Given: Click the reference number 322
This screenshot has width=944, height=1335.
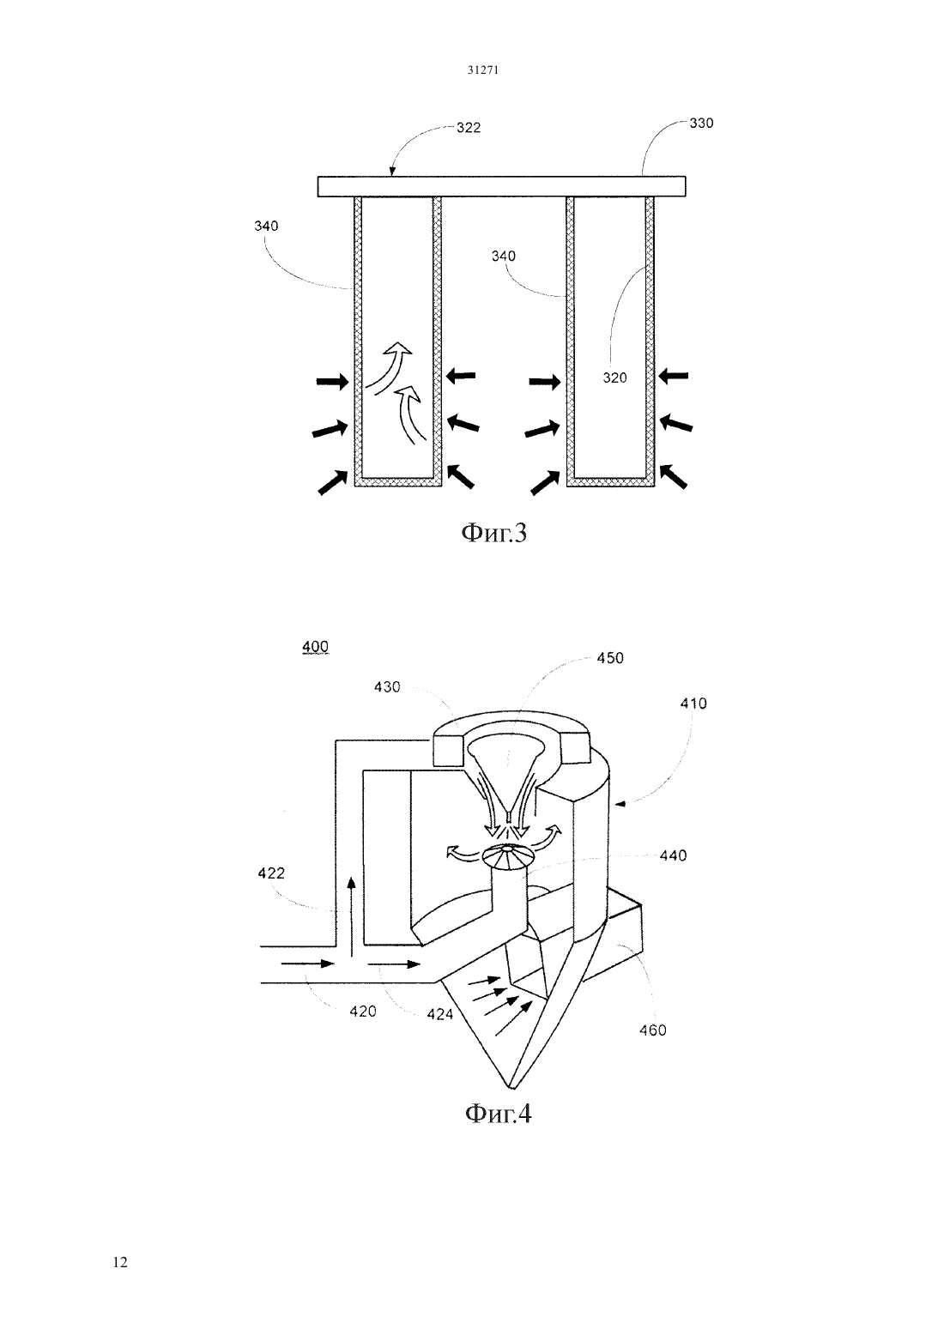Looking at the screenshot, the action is pyautogui.click(x=469, y=128).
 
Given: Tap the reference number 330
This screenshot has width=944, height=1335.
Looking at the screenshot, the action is pyautogui.click(x=701, y=124).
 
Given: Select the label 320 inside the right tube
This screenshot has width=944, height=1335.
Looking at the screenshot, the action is pyautogui.click(x=614, y=378).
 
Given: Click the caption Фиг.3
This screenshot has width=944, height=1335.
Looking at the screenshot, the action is pyautogui.click(x=494, y=533).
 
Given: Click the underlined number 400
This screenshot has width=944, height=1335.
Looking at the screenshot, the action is pyautogui.click(x=315, y=647).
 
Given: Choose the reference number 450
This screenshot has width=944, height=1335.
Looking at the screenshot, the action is pyautogui.click(x=610, y=658).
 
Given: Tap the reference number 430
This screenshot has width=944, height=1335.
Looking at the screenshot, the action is pyautogui.click(x=387, y=687).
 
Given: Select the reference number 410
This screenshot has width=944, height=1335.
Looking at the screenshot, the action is pyautogui.click(x=693, y=704).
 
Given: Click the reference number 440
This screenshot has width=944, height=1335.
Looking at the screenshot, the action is pyautogui.click(x=674, y=856).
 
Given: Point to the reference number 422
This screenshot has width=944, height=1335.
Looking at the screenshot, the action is pyautogui.click(x=271, y=873).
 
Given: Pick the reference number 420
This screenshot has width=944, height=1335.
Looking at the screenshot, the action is pyautogui.click(x=363, y=1012).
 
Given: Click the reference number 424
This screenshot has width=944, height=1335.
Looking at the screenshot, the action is pyautogui.click(x=439, y=1014).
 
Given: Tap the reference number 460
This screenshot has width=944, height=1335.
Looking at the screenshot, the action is pyautogui.click(x=652, y=1030).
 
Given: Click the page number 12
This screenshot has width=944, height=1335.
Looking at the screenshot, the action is pyautogui.click(x=120, y=1263).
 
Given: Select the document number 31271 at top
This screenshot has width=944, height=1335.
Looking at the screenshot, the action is pyautogui.click(x=482, y=70).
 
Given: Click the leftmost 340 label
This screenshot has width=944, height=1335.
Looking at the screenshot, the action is pyautogui.click(x=266, y=227).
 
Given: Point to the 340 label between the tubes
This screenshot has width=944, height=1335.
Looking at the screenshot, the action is pyautogui.click(x=503, y=257).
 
